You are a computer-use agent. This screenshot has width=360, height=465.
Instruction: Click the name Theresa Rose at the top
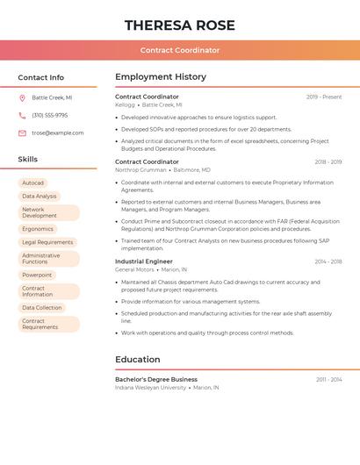180,25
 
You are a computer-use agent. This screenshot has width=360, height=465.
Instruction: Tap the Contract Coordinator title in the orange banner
180,50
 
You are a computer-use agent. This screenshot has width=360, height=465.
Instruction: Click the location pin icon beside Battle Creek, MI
22,97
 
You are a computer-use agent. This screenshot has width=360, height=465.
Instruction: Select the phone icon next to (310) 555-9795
22,115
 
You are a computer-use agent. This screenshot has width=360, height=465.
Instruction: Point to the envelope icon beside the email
22,133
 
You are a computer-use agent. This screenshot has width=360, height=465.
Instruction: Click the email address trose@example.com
58,133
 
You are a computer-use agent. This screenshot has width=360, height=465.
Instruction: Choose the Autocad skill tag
32,183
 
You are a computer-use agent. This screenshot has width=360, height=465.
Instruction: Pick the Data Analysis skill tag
40,196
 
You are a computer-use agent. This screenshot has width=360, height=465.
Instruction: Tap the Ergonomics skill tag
38,229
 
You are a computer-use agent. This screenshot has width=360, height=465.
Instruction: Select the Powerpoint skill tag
37,275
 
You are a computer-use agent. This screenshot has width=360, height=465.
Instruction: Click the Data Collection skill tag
42,308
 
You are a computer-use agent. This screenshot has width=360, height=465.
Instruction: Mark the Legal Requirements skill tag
47,242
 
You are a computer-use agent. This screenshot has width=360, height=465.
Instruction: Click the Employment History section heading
161,77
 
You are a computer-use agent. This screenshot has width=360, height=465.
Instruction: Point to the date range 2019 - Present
324,97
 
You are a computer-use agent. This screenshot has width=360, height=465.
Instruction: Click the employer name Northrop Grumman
140,170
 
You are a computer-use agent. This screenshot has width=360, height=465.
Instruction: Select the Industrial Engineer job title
144,261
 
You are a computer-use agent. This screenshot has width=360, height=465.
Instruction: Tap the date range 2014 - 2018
328,261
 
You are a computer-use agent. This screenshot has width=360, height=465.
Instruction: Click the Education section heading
138,360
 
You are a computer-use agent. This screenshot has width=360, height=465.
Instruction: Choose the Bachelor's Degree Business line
156,379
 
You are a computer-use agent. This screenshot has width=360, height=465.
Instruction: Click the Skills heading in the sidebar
28,160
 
